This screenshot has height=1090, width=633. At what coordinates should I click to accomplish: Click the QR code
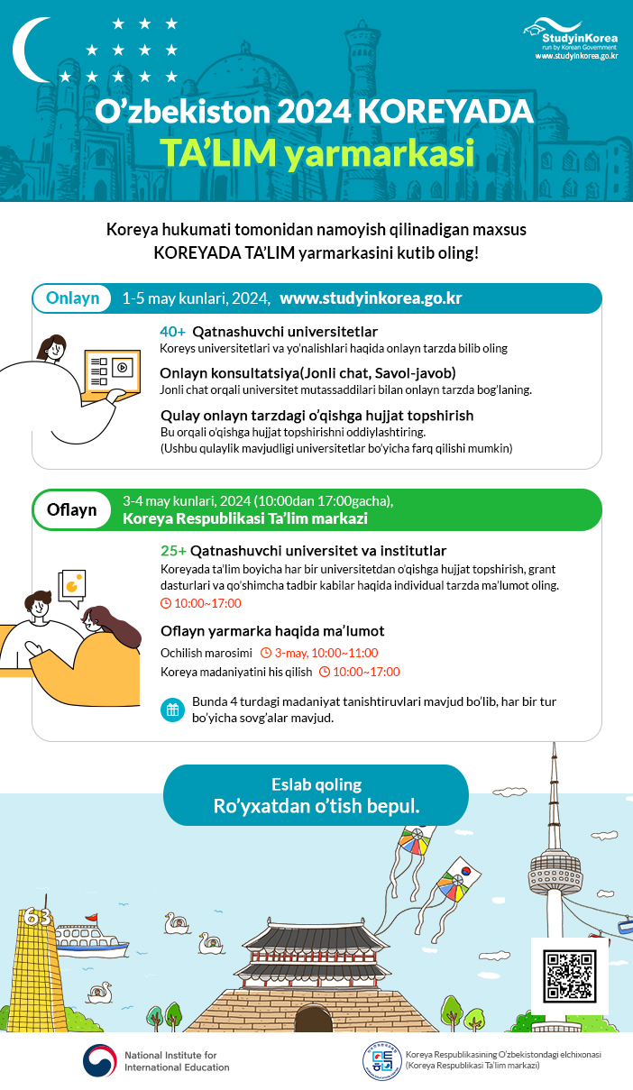[x=570, y=976]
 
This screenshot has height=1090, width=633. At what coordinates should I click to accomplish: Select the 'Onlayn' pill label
[x=72, y=298]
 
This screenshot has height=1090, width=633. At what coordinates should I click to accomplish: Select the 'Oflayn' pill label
[x=72, y=509]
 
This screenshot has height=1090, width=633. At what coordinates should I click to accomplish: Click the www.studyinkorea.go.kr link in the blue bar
[x=371, y=298]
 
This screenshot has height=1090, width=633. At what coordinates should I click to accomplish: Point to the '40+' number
[x=172, y=331]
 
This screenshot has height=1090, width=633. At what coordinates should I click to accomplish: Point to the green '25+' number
[x=173, y=551]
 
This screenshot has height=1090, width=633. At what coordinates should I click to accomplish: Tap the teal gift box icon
[x=171, y=710]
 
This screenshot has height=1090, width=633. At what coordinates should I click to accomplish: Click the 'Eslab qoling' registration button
[x=316, y=795]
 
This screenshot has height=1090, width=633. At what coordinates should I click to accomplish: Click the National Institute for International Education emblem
[x=100, y=1061]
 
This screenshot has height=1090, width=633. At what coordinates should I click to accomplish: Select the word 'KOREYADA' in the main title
[x=446, y=113]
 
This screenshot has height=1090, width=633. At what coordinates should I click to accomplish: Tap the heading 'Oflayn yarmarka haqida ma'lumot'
[x=272, y=631]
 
